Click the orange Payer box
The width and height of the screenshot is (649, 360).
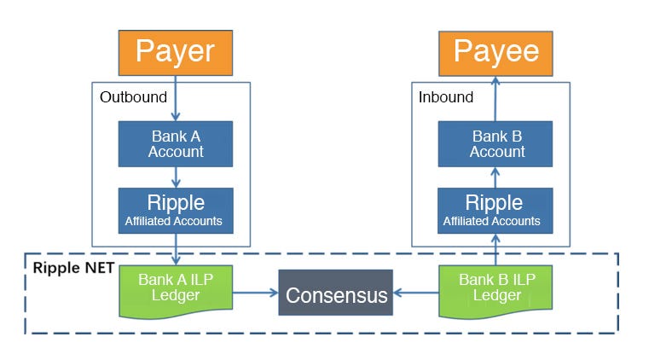(x=176, y=53)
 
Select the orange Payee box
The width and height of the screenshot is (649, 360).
(x=495, y=54)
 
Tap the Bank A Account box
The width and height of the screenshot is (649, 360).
(x=176, y=144)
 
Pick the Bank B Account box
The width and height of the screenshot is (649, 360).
(x=495, y=144)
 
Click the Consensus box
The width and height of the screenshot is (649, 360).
(x=336, y=293)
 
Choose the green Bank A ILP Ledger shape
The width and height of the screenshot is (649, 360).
(x=176, y=291)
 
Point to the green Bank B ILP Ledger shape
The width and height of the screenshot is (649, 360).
(x=495, y=291)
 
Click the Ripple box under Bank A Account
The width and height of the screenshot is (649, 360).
(x=176, y=211)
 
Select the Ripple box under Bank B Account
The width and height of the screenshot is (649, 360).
(x=495, y=211)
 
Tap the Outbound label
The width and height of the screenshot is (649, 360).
(x=133, y=97)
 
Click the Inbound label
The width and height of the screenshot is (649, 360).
(x=446, y=97)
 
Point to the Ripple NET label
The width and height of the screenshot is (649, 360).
(x=73, y=268)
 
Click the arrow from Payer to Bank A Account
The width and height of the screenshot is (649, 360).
(x=176, y=98)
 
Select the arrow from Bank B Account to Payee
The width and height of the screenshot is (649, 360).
(x=495, y=98)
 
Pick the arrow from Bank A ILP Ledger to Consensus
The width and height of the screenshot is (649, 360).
(x=255, y=293)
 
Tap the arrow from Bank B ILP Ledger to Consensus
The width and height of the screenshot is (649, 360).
(x=416, y=293)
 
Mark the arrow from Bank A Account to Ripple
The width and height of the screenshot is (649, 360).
(x=176, y=177)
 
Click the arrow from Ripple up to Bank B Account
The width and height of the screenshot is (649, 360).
(x=495, y=177)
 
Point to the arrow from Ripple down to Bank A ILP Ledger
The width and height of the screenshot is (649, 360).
(x=176, y=249)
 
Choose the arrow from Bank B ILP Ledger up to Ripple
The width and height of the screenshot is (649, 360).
(x=495, y=249)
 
